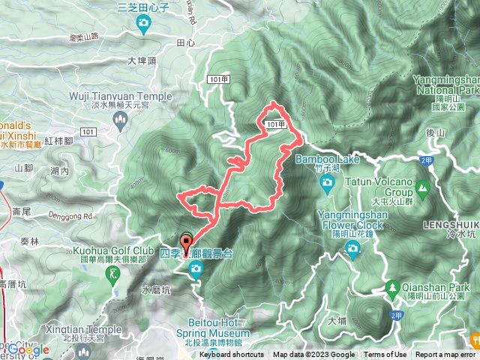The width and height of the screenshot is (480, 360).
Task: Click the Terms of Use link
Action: (385, 355)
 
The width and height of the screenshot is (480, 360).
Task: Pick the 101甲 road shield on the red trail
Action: (276, 124)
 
